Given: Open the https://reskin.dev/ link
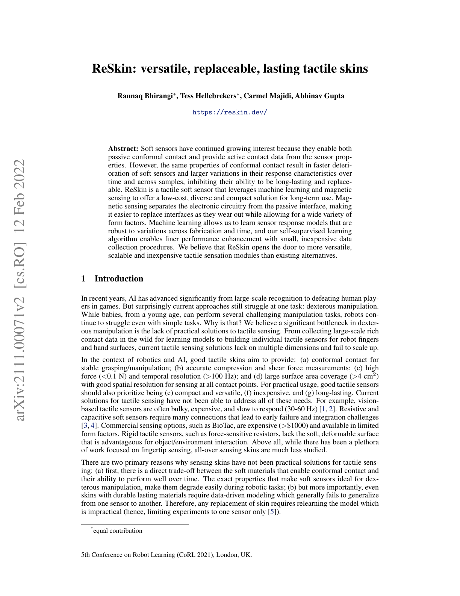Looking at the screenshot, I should pyautogui.click(x=230, y=113).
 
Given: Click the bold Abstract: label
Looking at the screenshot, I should pyautogui.click(x=123, y=149).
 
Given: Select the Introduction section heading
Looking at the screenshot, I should pyautogui.click(x=118, y=279).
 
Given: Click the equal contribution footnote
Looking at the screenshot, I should pyautogui.click(x=117, y=531).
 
